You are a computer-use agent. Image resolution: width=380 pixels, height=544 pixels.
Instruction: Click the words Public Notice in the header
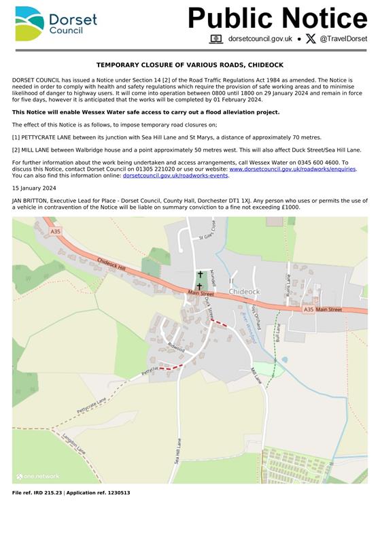(x=277, y=18)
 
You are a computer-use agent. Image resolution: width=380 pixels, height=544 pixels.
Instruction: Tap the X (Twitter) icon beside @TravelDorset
(x=311, y=39)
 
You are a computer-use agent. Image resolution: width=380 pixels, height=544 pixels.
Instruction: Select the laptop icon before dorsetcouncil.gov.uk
(x=216, y=39)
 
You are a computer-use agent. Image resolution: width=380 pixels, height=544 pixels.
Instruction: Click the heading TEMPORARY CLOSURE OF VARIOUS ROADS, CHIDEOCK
(x=190, y=65)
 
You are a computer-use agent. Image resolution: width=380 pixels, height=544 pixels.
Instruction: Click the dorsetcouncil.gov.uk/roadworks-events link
(x=175, y=175)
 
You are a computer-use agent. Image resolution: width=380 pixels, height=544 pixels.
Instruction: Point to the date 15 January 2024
(x=34, y=188)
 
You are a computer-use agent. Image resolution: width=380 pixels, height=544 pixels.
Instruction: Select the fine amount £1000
(x=290, y=207)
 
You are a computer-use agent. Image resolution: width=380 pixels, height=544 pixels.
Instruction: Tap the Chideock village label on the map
(x=245, y=292)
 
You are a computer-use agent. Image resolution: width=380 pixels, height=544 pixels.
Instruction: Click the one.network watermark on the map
(x=38, y=477)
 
